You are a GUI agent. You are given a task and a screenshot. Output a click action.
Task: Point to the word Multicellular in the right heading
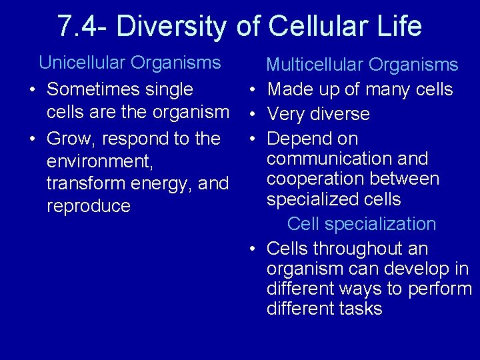[315, 65]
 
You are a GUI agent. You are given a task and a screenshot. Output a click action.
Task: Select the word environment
[99, 162]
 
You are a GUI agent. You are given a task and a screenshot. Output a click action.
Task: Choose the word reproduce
[88, 206]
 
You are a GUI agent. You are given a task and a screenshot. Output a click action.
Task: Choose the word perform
[440, 289]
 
